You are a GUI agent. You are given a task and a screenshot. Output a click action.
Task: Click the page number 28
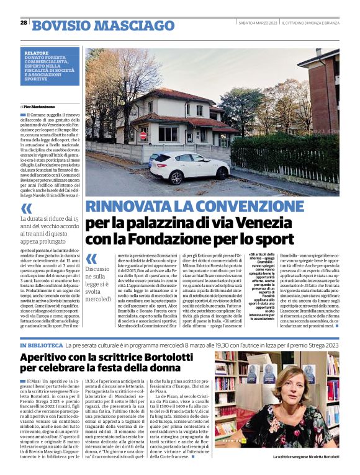pyautogui.click(x=24, y=22)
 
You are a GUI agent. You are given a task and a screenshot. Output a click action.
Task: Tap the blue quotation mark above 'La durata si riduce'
pyautogui.click(x=27, y=209)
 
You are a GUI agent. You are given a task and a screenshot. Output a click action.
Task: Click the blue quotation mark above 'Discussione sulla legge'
pyautogui.click(x=92, y=259)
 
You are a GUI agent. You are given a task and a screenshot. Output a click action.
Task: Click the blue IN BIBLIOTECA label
pyautogui.click(x=42, y=344)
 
